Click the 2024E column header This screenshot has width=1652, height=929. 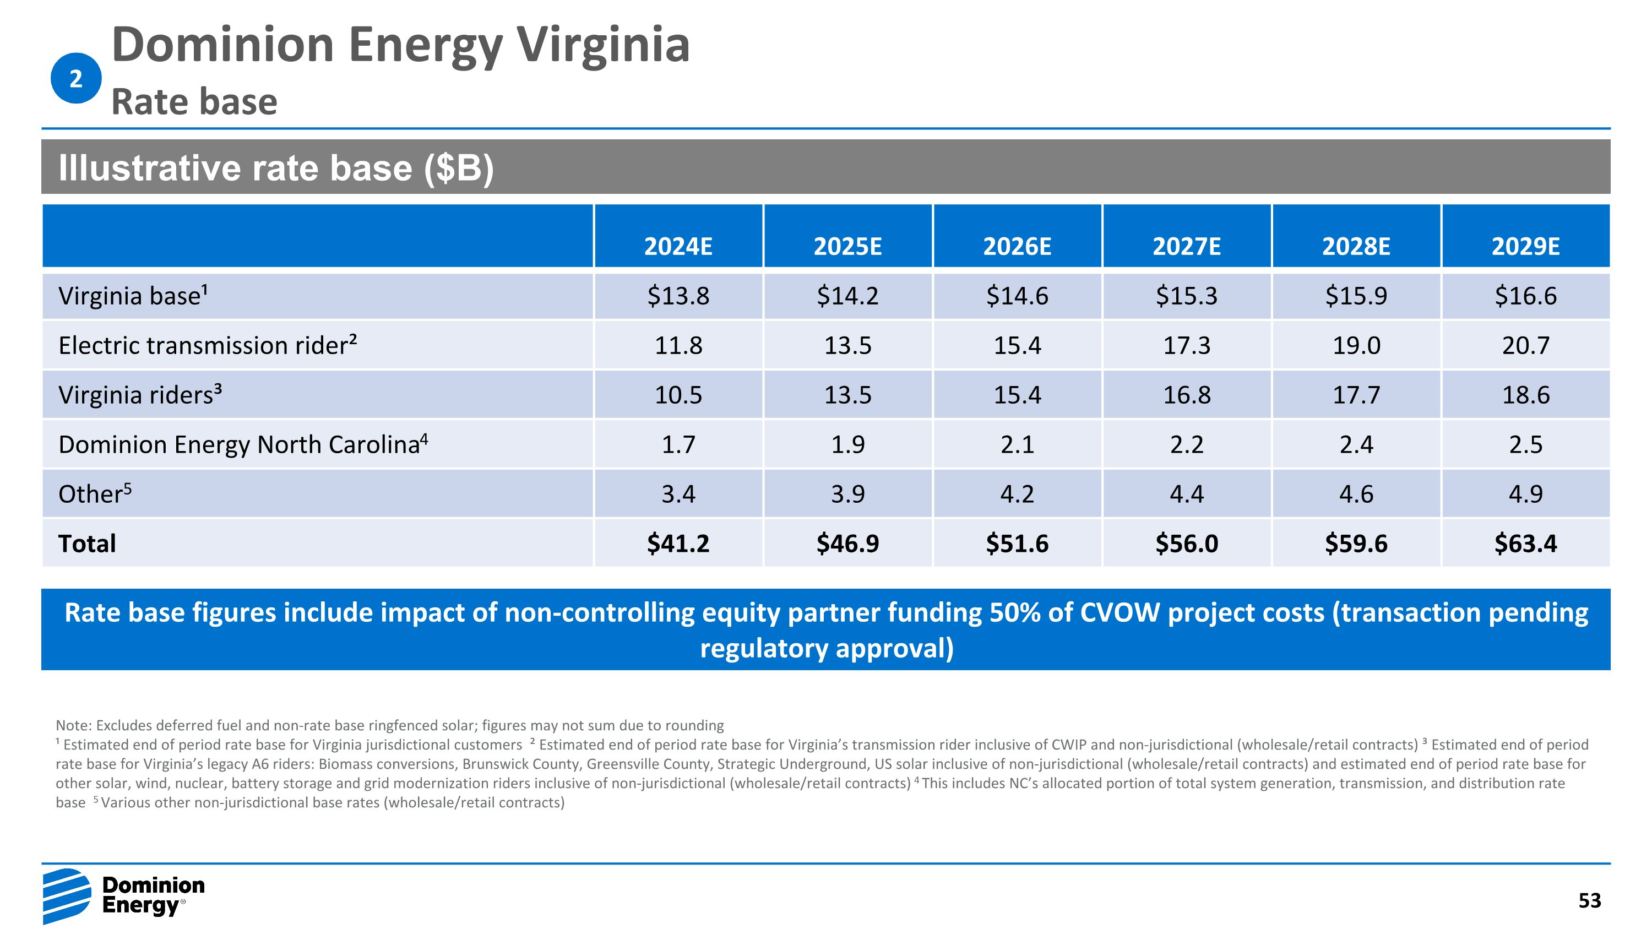click(x=678, y=246)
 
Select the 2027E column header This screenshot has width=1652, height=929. click(x=1187, y=246)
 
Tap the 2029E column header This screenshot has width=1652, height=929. click(x=1525, y=246)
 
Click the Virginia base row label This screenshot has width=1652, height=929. click(x=133, y=296)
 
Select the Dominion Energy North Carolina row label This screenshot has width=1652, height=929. click(x=242, y=444)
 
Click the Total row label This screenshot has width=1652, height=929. click(x=87, y=544)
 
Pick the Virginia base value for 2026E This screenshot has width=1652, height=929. click(x=1017, y=296)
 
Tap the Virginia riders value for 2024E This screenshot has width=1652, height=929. click(x=678, y=395)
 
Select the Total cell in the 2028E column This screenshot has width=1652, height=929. click(x=1356, y=544)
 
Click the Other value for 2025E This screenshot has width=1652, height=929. click(x=847, y=493)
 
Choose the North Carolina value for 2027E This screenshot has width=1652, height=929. click(x=1187, y=444)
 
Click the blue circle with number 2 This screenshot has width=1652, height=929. click(x=75, y=78)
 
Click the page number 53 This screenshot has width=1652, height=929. click(x=1589, y=901)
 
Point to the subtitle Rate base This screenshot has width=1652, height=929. click(x=194, y=102)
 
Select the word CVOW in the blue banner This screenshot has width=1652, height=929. click(x=1120, y=613)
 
